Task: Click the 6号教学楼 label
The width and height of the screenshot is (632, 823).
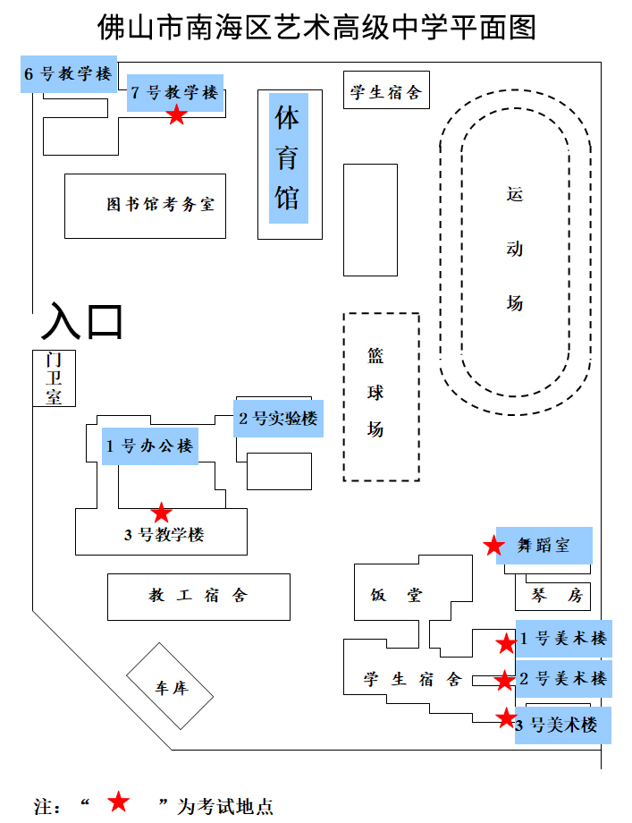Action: point(69,74)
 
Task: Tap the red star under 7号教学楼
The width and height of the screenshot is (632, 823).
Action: point(177,115)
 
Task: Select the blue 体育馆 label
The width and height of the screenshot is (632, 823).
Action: point(288,157)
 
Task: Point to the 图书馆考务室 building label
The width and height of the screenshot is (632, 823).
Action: point(160,205)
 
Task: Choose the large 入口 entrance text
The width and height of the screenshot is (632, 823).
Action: point(81,322)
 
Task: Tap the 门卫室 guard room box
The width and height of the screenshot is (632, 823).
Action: point(55,378)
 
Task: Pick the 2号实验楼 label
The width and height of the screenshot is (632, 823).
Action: point(278,418)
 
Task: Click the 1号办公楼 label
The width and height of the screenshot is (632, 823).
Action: point(150,446)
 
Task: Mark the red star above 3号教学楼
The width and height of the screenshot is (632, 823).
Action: point(161,513)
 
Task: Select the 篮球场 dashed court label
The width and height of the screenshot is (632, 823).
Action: point(376,394)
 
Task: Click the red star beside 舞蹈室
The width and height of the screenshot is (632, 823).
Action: point(493,546)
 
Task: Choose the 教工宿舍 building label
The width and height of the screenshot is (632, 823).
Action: point(198,596)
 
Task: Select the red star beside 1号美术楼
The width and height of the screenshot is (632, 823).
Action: point(506,642)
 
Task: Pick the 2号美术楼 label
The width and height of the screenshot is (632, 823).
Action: point(564,678)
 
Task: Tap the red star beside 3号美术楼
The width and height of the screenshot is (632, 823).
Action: point(506,717)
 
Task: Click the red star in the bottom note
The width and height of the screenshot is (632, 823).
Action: point(119,802)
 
